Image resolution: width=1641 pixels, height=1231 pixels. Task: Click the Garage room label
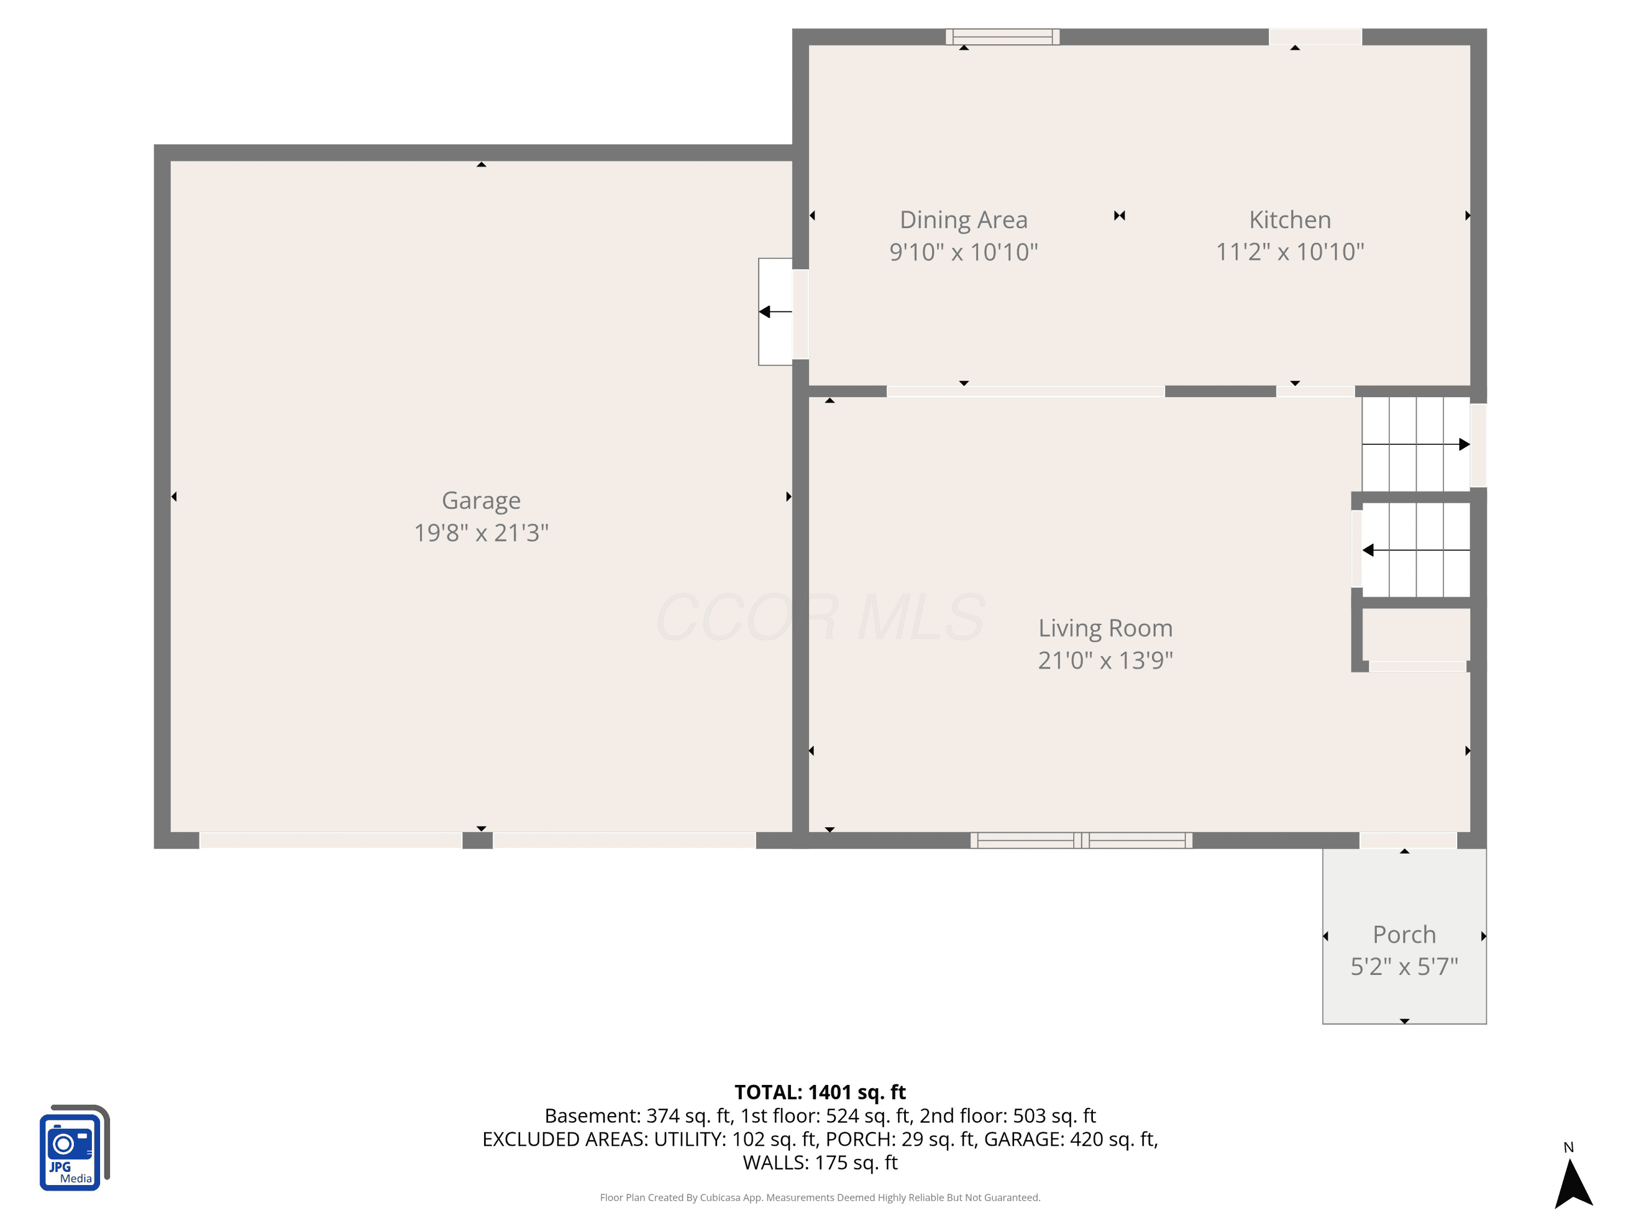(481, 501)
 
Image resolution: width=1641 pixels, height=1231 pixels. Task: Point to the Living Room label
(1105, 629)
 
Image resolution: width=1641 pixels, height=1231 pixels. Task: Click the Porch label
(1404, 934)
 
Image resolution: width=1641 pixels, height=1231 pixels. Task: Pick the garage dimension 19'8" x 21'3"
(481, 533)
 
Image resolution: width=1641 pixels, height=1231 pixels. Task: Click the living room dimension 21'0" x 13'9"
(1105, 660)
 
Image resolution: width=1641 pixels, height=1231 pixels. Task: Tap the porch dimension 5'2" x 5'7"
(1404, 966)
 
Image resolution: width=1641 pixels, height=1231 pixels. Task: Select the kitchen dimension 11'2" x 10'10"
(1290, 252)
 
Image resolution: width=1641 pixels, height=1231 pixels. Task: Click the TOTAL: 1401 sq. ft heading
(820, 1092)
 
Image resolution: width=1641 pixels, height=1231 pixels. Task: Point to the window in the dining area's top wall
(1002, 37)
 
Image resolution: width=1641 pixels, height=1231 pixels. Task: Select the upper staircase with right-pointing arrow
(1416, 444)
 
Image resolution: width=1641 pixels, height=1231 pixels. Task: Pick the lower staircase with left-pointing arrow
(1416, 550)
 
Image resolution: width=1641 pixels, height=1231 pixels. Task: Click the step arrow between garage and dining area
(775, 312)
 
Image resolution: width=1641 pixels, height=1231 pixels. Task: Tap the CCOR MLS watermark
(821, 617)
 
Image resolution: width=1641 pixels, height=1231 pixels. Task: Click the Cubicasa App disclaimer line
(820, 1198)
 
